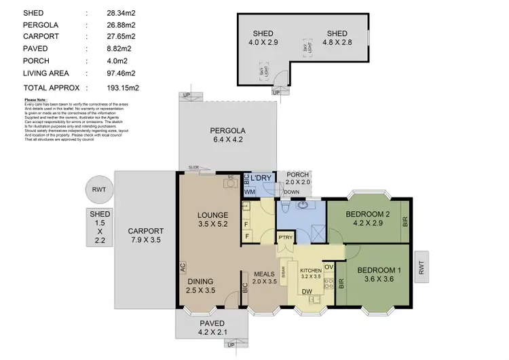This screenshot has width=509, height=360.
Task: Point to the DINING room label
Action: [202, 281]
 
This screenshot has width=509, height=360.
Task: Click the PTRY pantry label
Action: [286, 237]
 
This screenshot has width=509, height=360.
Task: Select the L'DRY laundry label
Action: [261, 178]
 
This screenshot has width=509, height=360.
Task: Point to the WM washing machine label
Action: [249, 192]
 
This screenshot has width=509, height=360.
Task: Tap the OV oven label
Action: [328, 266]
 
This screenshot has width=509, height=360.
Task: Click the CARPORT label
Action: [145, 230]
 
